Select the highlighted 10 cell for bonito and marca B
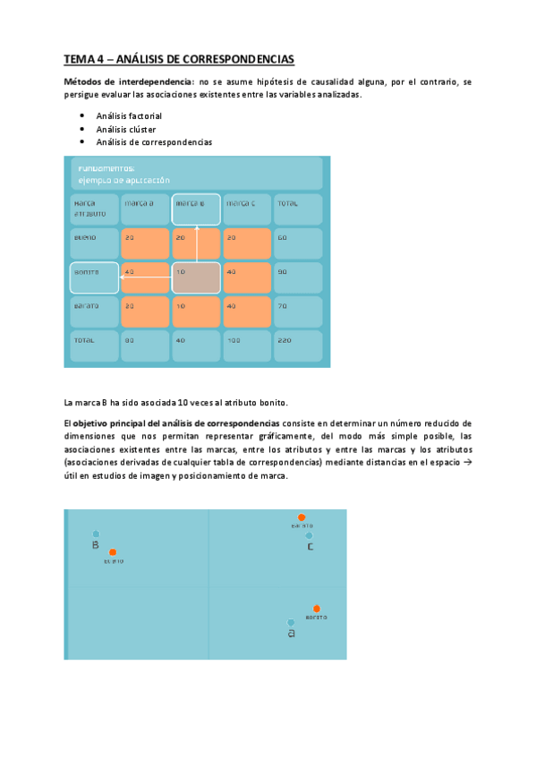(196, 278)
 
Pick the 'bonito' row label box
(94, 278)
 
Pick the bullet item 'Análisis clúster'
(126, 129)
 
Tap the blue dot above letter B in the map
(96, 534)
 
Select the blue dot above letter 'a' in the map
(291, 622)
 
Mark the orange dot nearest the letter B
(113, 552)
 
